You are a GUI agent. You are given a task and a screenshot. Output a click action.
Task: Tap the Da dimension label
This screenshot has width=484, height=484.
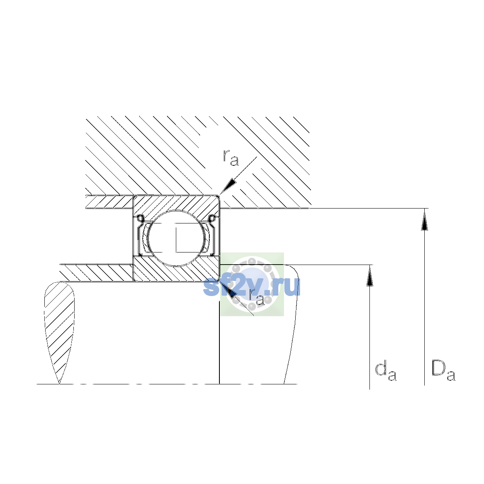pyautogui.click(x=443, y=371)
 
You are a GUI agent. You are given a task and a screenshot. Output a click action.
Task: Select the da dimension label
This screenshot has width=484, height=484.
pyautogui.click(x=386, y=372)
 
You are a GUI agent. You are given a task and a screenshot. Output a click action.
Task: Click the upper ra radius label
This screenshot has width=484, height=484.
pyautogui.click(x=231, y=158)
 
